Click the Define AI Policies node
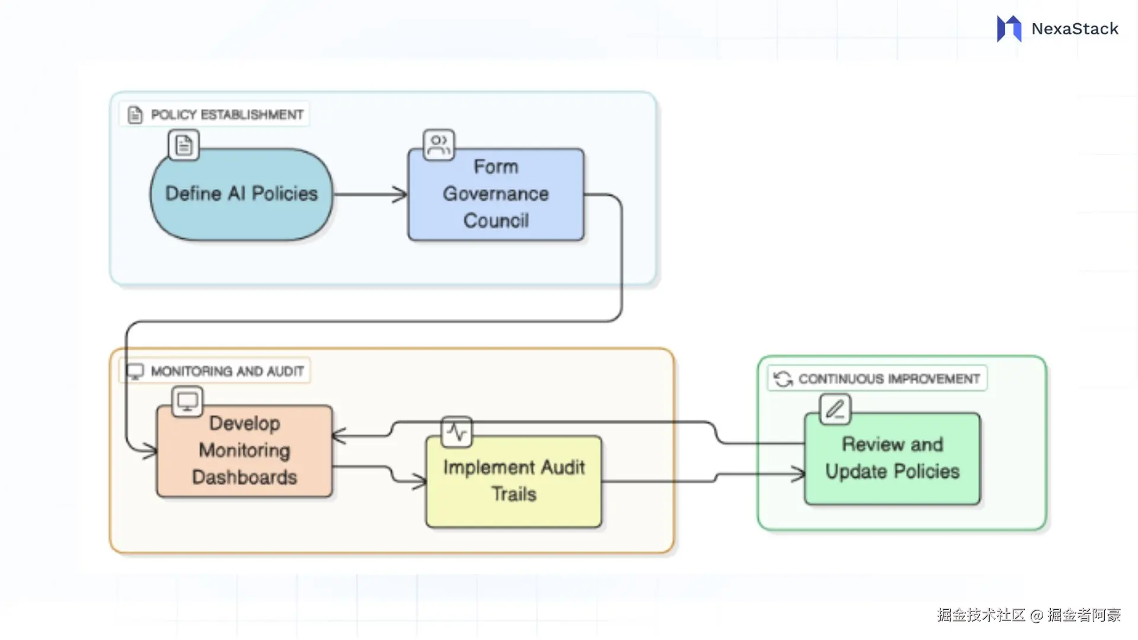[x=241, y=194]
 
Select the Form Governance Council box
[x=496, y=194]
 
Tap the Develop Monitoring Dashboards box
[x=244, y=451]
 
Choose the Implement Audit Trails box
[x=514, y=481]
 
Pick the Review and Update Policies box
[x=892, y=459]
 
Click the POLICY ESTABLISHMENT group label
[x=227, y=114]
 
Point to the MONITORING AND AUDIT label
[x=227, y=371]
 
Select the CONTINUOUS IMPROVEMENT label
[x=888, y=379]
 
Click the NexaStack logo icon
[x=1009, y=28]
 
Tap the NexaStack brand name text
[x=1075, y=28]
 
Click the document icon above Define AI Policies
[x=184, y=145]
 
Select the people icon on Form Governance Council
[x=439, y=145]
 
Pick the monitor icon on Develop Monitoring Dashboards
[x=187, y=401]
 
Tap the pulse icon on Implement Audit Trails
[x=456, y=432]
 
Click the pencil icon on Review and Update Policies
[x=835, y=409]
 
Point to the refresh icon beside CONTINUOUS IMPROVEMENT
[x=783, y=379]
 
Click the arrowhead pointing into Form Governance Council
[x=401, y=194]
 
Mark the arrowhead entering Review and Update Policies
[x=798, y=473]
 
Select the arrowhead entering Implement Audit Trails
[x=420, y=481]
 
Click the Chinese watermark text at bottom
[x=1028, y=615]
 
